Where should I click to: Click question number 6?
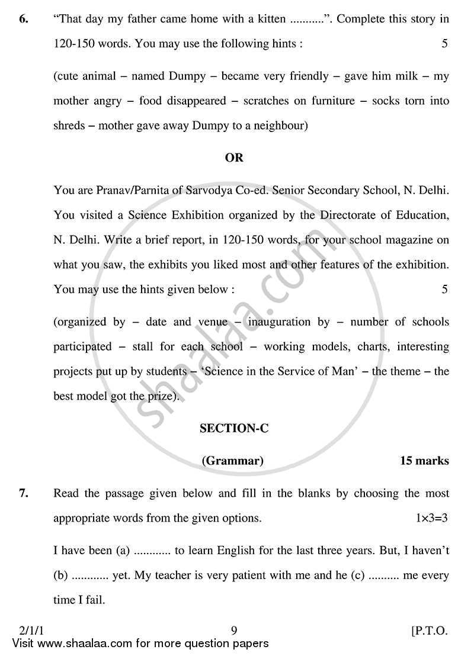(23, 19)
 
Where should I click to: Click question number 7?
(23, 493)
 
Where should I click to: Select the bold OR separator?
(234, 157)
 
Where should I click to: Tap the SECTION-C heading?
(234, 428)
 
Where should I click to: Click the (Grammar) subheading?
(233, 461)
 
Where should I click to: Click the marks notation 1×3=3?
(431, 518)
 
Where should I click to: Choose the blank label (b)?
(62, 576)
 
